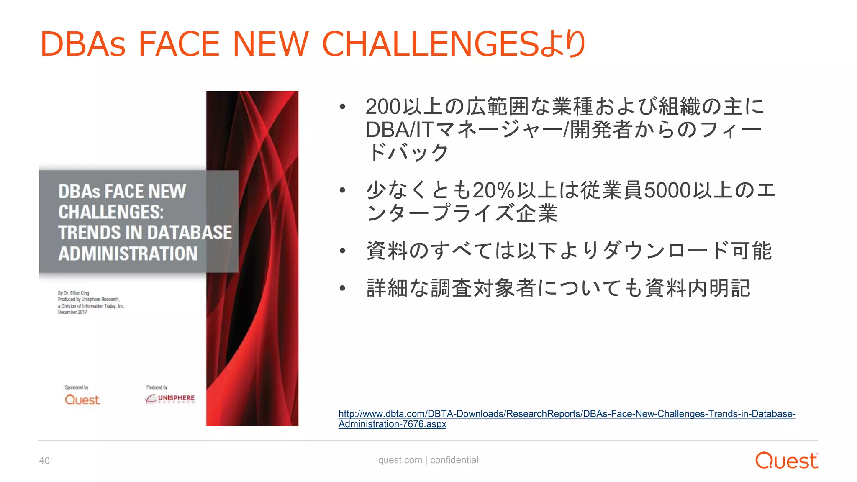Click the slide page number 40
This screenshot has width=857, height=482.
(44, 461)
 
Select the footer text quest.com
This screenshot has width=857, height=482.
(400, 460)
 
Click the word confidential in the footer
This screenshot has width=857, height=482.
(454, 460)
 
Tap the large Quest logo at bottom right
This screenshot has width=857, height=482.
(786, 461)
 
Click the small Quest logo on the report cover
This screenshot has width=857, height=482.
(82, 400)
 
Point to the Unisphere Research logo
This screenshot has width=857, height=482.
(170, 399)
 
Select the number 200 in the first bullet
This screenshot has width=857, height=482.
(383, 107)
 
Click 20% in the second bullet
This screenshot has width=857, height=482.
(493, 190)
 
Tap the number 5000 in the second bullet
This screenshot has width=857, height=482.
(667, 190)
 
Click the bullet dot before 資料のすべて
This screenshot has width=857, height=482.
(343, 251)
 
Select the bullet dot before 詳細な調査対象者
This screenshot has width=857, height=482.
(343, 288)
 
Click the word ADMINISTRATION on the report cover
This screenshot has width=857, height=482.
(128, 254)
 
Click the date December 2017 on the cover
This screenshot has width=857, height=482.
(72, 312)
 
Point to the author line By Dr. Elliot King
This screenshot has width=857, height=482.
(74, 293)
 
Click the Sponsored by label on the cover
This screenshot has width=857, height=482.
(77, 387)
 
